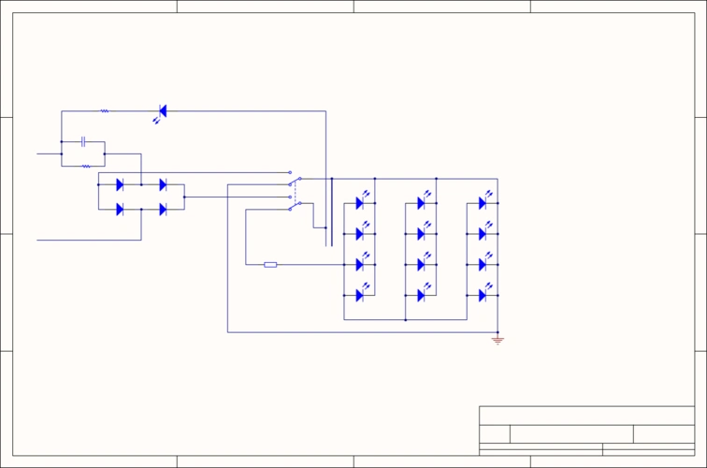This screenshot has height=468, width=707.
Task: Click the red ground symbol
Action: point(498,341)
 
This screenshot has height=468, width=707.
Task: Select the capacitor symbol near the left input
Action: point(83,141)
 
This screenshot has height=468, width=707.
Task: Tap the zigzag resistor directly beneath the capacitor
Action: point(86,167)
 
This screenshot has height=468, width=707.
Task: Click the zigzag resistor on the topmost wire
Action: point(105,111)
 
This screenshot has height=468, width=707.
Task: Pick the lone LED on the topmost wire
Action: point(162,111)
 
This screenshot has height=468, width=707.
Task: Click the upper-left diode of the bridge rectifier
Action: point(120,184)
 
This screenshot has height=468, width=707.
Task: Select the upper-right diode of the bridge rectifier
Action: point(163,184)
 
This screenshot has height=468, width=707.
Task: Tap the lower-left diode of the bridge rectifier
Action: point(120,209)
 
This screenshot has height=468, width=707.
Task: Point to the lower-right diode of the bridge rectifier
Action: point(163,209)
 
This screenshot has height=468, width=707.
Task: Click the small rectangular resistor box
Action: point(270,265)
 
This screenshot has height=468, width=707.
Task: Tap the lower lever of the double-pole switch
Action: point(295,206)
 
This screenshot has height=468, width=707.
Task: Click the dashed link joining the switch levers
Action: point(295,194)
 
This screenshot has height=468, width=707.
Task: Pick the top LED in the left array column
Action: point(359,203)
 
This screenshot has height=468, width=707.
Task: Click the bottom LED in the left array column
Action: point(359,296)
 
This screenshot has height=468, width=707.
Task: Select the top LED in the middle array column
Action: point(421,203)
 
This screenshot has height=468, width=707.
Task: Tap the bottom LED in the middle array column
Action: point(421,296)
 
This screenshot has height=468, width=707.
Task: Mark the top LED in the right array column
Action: point(483,203)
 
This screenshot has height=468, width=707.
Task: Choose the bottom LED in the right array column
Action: point(483,296)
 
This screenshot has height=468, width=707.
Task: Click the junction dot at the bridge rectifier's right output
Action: point(184,197)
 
